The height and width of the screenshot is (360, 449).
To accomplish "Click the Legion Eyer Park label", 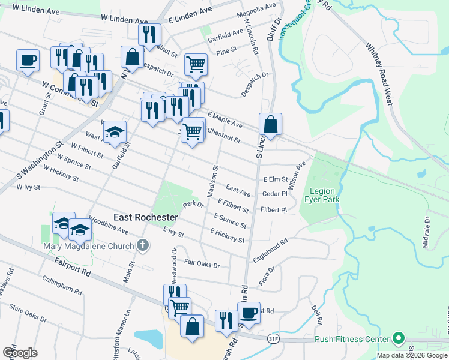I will (x=324, y=195).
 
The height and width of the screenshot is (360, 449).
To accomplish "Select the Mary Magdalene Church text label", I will (x=87, y=245).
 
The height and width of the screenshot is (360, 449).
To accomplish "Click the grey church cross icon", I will (x=142, y=244).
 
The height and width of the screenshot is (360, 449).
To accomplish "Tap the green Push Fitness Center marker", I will (x=397, y=338).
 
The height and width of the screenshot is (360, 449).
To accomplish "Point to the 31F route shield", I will (x=274, y=338).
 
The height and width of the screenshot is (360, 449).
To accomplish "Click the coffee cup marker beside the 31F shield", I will (x=249, y=312).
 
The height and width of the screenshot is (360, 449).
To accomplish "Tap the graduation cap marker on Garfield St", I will (x=116, y=133).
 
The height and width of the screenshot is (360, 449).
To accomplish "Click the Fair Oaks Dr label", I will (x=202, y=263).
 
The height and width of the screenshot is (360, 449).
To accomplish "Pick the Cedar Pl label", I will (x=275, y=194).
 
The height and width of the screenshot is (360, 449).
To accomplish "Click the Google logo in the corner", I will (x=20, y=352).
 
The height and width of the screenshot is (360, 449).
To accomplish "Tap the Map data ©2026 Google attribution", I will (x=412, y=355).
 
